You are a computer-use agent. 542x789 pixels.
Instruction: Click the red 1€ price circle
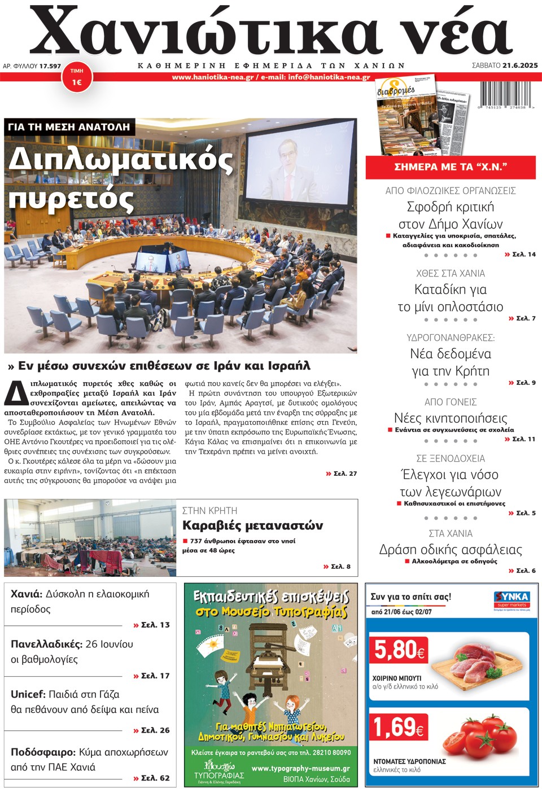(77, 78)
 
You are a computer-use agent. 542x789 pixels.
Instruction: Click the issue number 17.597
(50, 66)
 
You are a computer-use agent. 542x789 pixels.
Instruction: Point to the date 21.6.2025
(520, 65)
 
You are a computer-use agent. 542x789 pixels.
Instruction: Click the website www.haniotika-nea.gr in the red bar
(212, 77)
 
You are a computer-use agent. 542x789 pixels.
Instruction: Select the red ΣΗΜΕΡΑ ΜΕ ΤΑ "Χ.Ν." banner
(451, 167)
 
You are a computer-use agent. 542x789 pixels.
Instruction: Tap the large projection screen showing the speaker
(300, 163)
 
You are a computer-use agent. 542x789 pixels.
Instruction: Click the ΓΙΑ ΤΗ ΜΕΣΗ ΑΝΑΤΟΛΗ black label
(69, 127)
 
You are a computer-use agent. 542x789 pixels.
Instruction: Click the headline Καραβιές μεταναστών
(252, 525)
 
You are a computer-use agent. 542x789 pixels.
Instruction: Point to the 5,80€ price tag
(399, 650)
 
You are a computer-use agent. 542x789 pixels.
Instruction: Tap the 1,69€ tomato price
(399, 727)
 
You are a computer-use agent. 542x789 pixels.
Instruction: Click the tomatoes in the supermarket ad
(485, 738)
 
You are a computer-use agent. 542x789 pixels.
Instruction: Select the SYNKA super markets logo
(511, 599)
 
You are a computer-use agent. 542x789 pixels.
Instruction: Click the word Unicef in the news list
(28, 695)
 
